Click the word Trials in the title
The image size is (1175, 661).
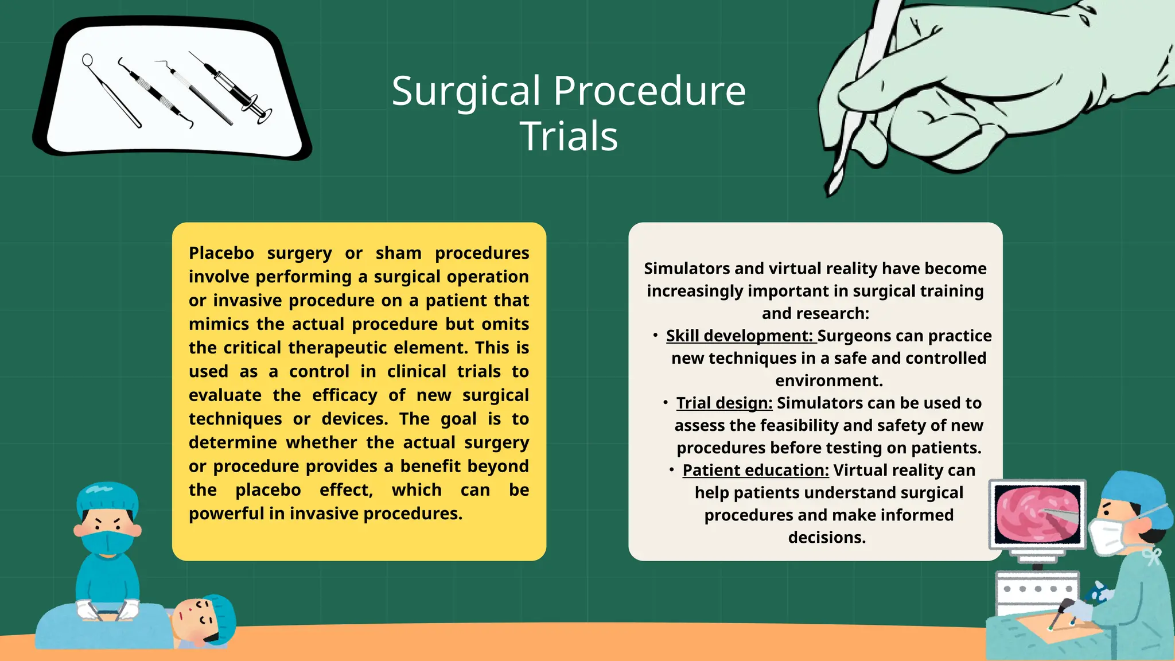click(x=569, y=137)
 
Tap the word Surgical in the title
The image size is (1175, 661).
click(x=466, y=91)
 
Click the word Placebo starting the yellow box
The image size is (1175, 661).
click(x=221, y=253)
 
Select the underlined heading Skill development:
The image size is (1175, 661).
click(x=740, y=336)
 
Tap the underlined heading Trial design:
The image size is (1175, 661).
click(x=724, y=403)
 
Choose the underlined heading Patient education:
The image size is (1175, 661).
click(x=755, y=470)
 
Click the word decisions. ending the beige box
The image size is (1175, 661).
click(x=826, y=538)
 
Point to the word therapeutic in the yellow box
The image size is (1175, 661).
click(x=340, y=348)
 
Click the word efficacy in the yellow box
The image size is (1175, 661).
click(x=344, y=395)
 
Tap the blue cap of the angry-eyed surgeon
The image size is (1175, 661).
click(x=107, y=497)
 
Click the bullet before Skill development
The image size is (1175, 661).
click(x=655, y=335)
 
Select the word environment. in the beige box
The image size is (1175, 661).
click(x=828, y=380)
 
